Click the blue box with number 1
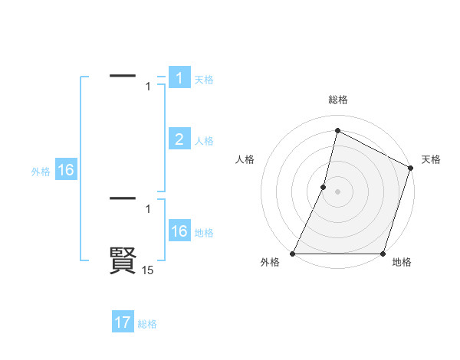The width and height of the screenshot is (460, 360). (x=179, y=78)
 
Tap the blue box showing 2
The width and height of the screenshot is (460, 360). (x=179, y=139)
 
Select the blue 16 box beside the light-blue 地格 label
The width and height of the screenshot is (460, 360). (x=179, y=231)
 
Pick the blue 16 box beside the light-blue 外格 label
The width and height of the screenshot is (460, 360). (x=66, y=170)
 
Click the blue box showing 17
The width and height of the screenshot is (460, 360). (x=123, y=322)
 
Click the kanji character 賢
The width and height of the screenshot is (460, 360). (x=123, y=261)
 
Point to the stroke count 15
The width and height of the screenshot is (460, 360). (x=147, y=270)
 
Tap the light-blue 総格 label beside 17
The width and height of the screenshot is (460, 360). (x=147, y=324)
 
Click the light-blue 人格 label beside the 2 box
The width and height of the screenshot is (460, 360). (x=204, y=141)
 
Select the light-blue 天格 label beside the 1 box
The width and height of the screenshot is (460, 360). (x=204, y=80)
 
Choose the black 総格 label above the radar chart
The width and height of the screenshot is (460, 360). (x=337, y=100)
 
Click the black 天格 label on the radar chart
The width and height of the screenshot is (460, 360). (x=431, y=159)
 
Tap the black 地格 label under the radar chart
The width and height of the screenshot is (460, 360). (x=402, y=262)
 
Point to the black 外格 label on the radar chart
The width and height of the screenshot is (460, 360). (x=270, y=262)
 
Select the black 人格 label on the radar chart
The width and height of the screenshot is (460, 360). (x=245, y=159)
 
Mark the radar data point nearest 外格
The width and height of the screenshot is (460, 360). (x=293, y=254)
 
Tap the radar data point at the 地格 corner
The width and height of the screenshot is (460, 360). (x=383, y=254)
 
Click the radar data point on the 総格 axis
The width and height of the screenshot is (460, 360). (x=337, y=130)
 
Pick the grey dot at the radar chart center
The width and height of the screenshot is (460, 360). (x=337, y=191)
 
